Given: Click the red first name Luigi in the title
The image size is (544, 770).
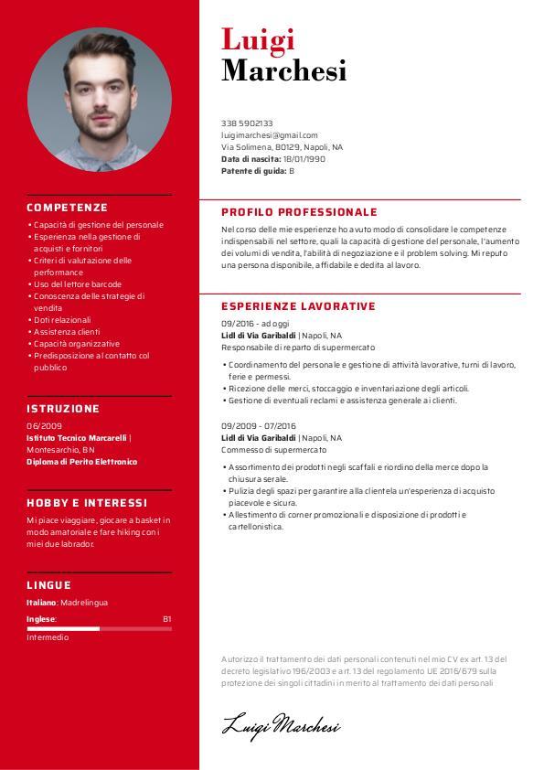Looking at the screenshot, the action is pos(258,39).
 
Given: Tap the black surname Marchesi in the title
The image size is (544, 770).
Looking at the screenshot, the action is pos(283,70).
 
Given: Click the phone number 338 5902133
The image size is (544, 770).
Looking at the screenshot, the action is pos(247,123).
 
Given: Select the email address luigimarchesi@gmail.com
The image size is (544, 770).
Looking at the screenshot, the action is pos(270,134).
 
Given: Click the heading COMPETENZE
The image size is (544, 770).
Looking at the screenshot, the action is pos(67,208).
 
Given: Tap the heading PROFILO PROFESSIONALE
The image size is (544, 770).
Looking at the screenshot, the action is pos(299,212).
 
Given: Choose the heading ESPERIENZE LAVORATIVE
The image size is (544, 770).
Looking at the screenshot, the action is pos(298,306).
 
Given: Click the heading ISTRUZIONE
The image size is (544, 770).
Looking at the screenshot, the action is pos(63,409).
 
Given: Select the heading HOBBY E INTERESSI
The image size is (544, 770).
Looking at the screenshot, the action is pos(86,503).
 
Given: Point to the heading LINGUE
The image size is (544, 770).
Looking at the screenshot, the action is pos(48,585).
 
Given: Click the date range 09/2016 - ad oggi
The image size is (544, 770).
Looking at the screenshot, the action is pos(255,324).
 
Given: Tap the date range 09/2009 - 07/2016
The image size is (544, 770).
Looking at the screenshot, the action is pos(259,426).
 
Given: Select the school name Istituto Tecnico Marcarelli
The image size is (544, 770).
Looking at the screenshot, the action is pos(77,438).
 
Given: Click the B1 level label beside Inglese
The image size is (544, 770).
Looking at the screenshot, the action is pos(166,619).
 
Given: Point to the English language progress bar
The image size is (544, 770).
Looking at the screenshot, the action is pos(99,629).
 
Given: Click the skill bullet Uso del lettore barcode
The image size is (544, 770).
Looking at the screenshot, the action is pos(78,284).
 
